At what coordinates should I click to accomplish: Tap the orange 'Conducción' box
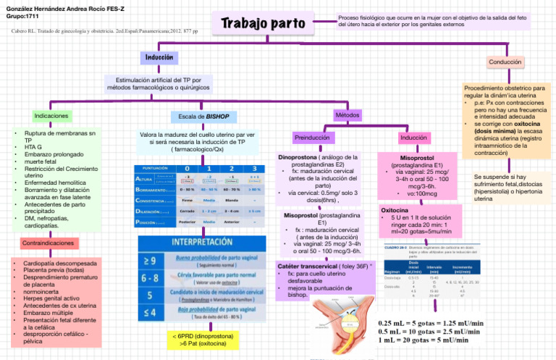pyautogui.click(x=505, y=63)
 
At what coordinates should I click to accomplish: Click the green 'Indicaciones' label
pyautogui.click(x=51, y=115)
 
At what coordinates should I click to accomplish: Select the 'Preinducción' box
pyautogui.click(x=316, y=138)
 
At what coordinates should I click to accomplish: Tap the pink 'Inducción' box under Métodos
pyautogui.click(x=413, y=137)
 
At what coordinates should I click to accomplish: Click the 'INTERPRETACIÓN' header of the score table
pyautogui.click(x=198, y=241)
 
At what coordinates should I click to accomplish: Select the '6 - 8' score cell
pyautogui.click(x=148, y=277)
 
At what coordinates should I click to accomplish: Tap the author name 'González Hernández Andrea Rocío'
pyautogui.click(x=57, y=6)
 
